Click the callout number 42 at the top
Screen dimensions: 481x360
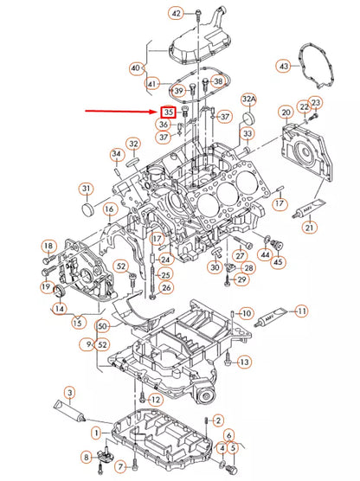tap(177, 13)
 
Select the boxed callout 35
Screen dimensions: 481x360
tap(169, 112)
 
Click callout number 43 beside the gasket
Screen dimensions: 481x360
tap(284, 65)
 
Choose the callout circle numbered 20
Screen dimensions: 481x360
tap(286, 112)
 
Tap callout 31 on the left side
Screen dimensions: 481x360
tap(87, 189)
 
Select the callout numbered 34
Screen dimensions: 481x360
tap(117, 155)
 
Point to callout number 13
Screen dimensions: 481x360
tap(245, 361)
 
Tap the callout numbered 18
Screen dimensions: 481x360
tap(48, 247)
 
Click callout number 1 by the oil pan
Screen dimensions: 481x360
tap(96, 431)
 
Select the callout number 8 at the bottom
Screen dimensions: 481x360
tap(87, 456)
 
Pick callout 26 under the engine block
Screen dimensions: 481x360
tap(166, 287)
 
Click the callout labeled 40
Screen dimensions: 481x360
tap(135, 67)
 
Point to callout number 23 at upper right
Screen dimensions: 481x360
tap(316, 103)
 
